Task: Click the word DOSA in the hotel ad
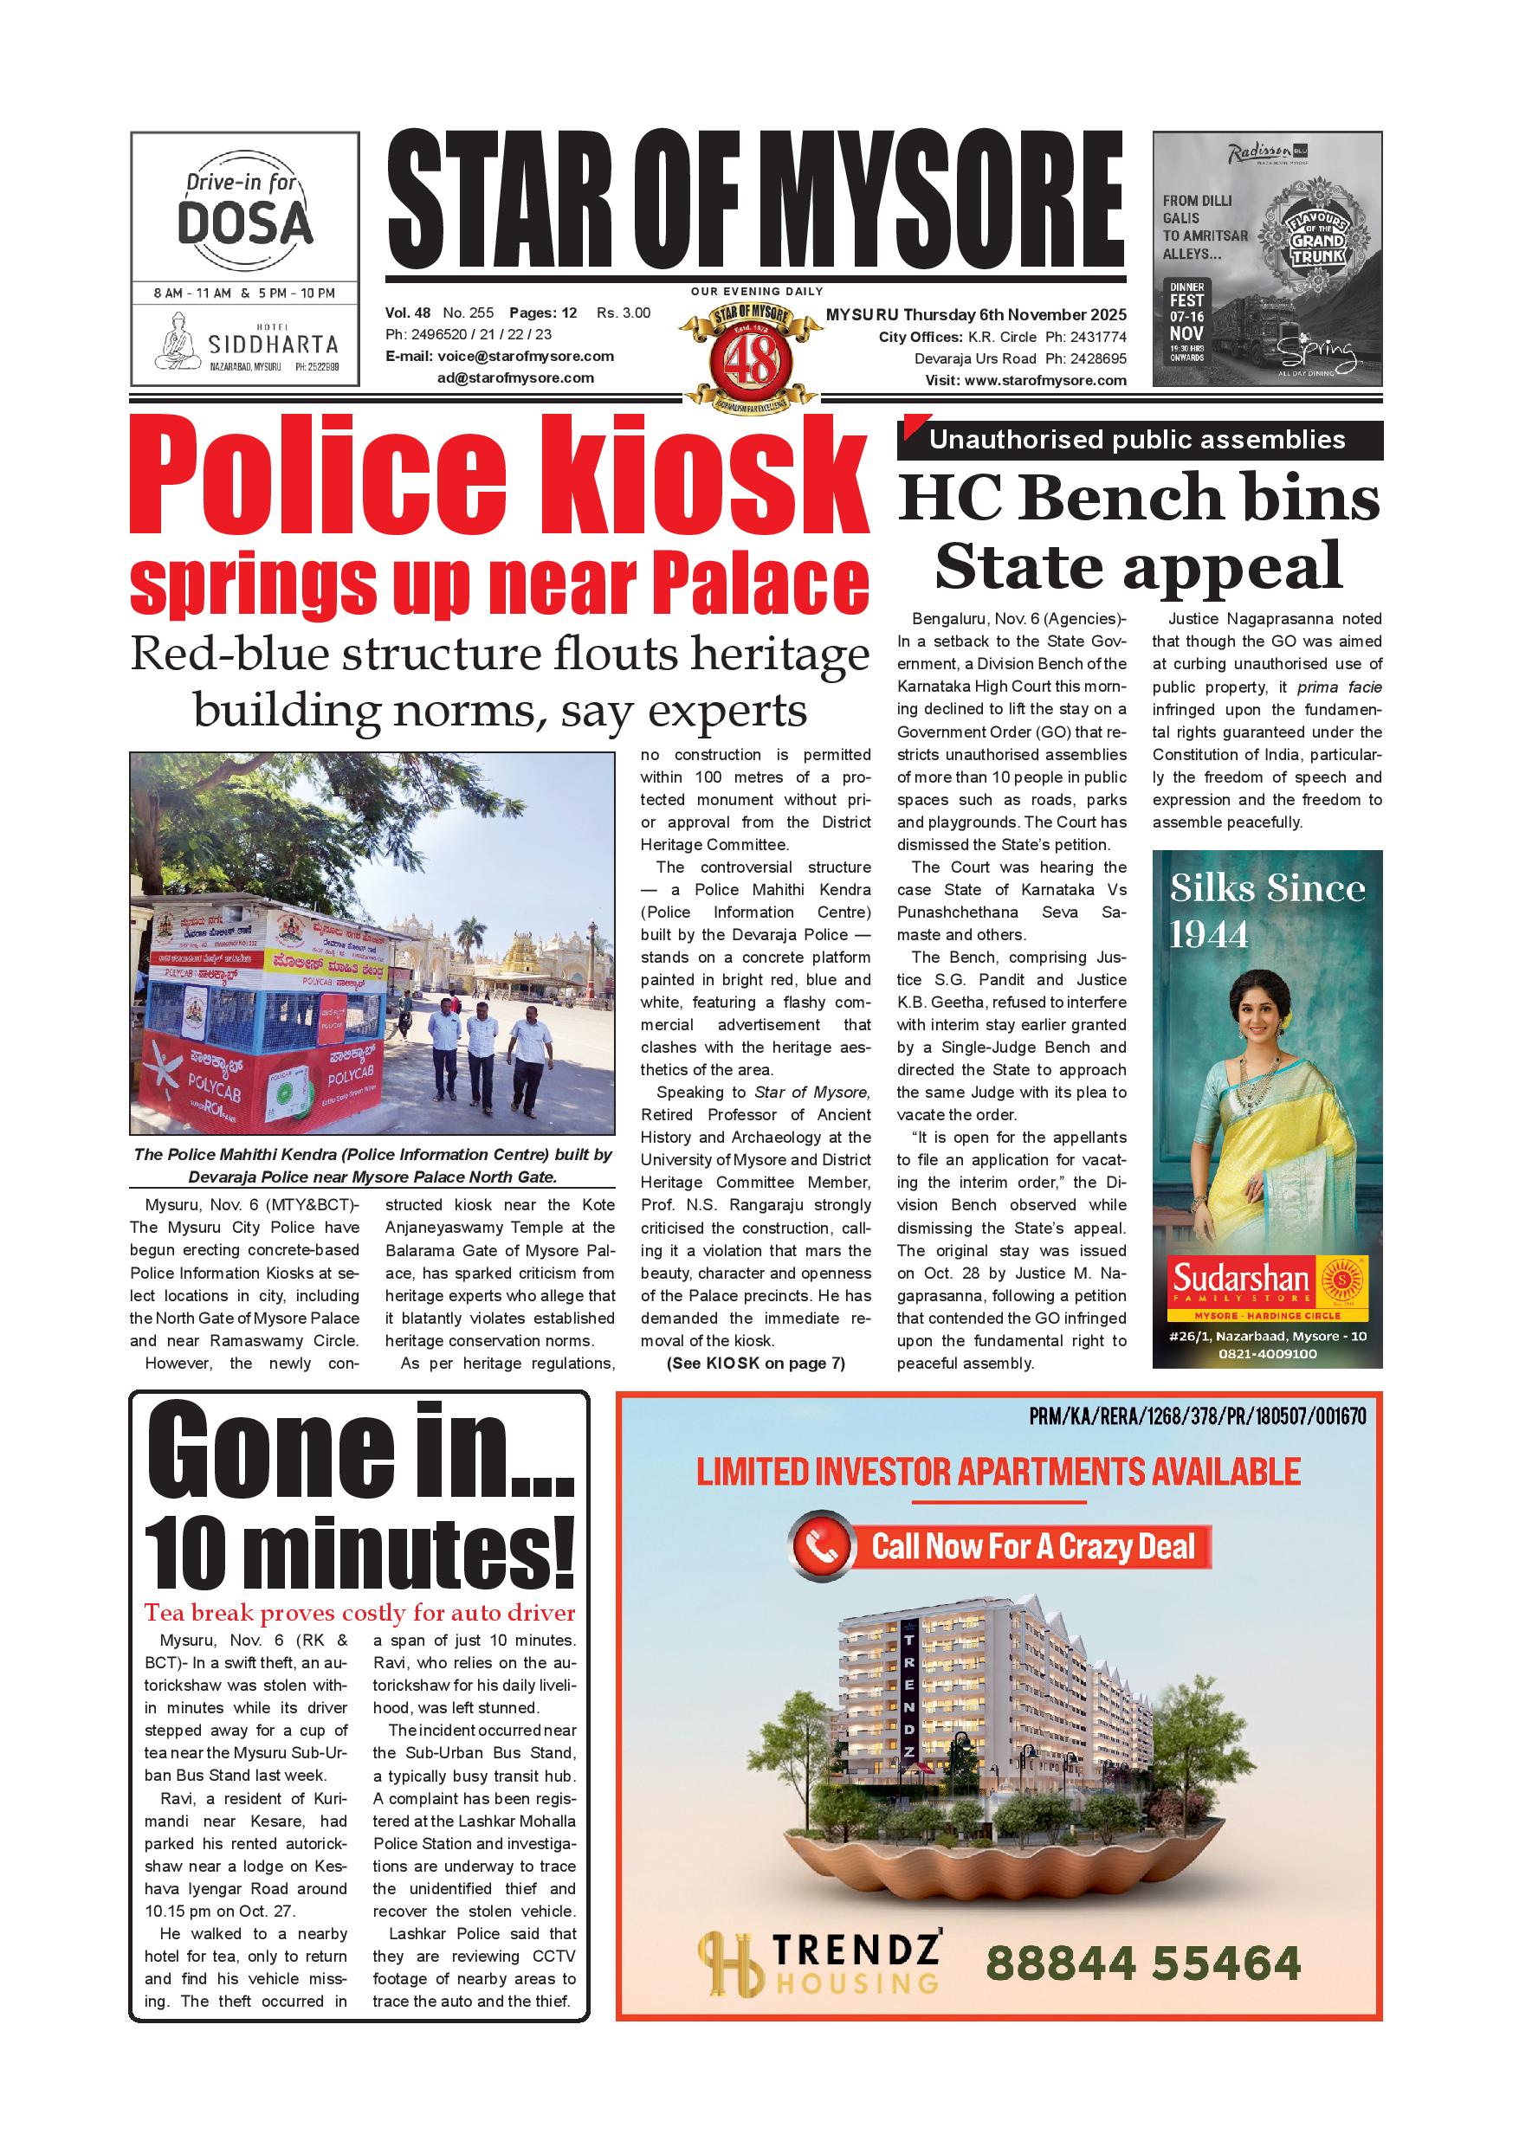(x=245, y=223)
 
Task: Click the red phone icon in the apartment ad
(x=822, y=1545)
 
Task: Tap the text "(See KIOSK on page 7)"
(x=756, y=1364)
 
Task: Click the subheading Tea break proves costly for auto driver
(x=360, y=1613)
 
